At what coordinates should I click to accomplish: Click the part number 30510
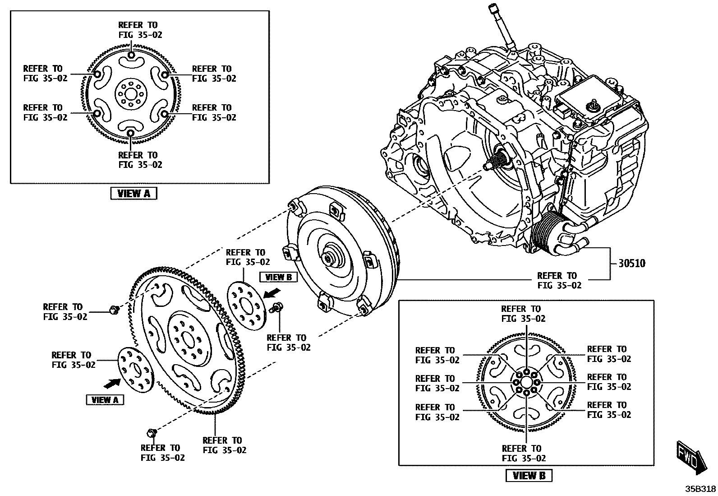coord(631,264)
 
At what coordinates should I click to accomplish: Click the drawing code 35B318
coord(700,489)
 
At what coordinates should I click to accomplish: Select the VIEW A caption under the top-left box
coord(133,194)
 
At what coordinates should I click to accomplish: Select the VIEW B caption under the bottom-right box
coord(529,475)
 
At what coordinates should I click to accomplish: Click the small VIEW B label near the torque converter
coord(279,277)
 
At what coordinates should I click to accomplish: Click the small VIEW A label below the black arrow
coord(105,400)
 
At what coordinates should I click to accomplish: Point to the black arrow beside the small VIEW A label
coord(112,383)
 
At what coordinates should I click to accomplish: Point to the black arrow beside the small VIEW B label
coord(271,294)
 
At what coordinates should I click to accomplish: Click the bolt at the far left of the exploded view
coord(113,310)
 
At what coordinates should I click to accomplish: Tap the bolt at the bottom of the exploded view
coord(152,433)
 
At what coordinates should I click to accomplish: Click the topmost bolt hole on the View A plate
coord(130,56)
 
